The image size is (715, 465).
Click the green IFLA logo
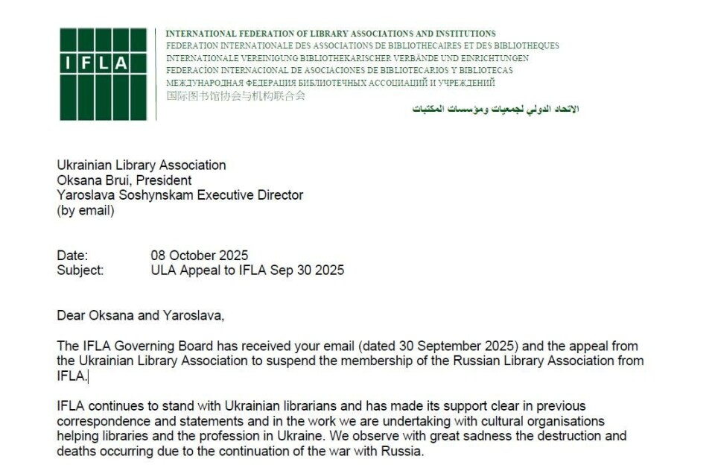[x=104, y=74]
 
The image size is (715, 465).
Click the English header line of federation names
[x=330, y=34]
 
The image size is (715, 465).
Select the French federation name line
[x=362, y=45]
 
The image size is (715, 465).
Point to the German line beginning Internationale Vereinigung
[x=347, y=58]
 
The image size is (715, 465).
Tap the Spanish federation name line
[x=339, y=70]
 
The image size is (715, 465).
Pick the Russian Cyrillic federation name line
[x=330, y=83]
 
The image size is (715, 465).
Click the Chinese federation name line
[x=235, y=95]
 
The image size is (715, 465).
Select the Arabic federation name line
[x=495, y=109]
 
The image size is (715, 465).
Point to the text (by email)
[x=86, y=210]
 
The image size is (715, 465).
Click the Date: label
[x=72, y=256]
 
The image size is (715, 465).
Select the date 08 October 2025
[x=200, y=256]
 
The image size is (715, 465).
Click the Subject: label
[x=80, y=271]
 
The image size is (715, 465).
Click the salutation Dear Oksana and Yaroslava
[x=140, y=315]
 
